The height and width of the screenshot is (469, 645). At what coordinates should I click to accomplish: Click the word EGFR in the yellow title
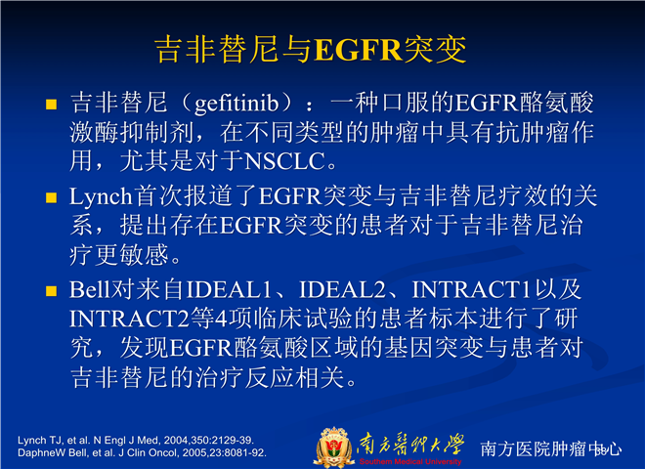(x=358, y=50)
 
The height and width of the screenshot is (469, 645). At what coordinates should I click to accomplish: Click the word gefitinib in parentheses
(x=236, y=103)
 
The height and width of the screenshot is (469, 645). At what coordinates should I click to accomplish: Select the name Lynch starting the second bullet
(x=101, y=196)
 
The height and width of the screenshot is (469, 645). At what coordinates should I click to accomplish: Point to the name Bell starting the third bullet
(x=90, y=289)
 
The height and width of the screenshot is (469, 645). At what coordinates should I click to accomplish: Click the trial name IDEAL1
(x=229, y=289)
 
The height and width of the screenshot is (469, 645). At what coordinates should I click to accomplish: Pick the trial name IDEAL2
(x=342, y=289)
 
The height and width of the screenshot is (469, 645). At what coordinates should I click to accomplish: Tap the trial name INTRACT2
(x=130, y=319)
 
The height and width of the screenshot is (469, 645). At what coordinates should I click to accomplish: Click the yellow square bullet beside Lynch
(x=51, y=198)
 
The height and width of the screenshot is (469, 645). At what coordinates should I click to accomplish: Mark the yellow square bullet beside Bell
(x=51, y=291)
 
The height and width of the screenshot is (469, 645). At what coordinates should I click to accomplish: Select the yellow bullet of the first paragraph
(x=51, y=105)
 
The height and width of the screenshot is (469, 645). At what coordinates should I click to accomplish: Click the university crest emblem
(x=334, y=448)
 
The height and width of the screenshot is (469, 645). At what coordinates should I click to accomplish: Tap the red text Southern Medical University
(x=410, y=461)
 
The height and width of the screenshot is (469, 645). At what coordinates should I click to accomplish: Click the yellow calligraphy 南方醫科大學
(x=410, y=445)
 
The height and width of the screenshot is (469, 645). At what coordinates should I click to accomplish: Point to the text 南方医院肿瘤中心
(x=551, y=448)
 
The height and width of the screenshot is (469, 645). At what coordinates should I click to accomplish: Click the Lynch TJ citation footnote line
(x=136, y=441)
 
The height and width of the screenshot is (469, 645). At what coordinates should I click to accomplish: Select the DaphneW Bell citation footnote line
(x=142, y=453)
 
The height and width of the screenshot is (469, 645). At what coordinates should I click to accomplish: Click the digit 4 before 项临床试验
(x=222, y=320)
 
